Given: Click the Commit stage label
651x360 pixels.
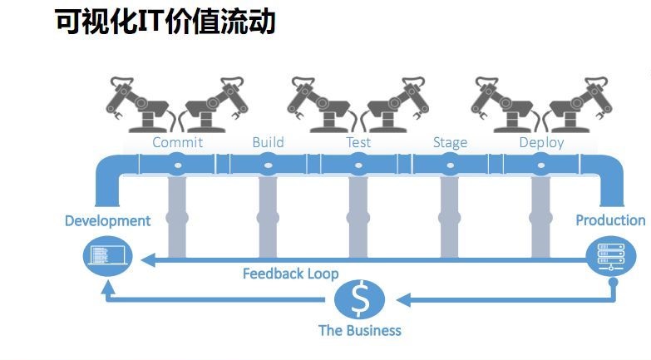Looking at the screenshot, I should tap(177, 142).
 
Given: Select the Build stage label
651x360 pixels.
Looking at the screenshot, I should tap(268, 142).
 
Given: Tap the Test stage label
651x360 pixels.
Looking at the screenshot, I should tap(358, 142).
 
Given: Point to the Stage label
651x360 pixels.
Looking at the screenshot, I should tap(450, 142).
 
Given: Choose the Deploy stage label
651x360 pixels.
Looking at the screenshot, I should tap(541, 142).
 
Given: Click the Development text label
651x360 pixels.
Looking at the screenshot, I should tap(108, 220).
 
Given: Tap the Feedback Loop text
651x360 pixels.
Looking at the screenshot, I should tap(290, 273).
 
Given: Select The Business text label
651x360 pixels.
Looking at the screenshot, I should tap(359, 330).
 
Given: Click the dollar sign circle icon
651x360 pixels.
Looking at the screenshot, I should tap(359, 299).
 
